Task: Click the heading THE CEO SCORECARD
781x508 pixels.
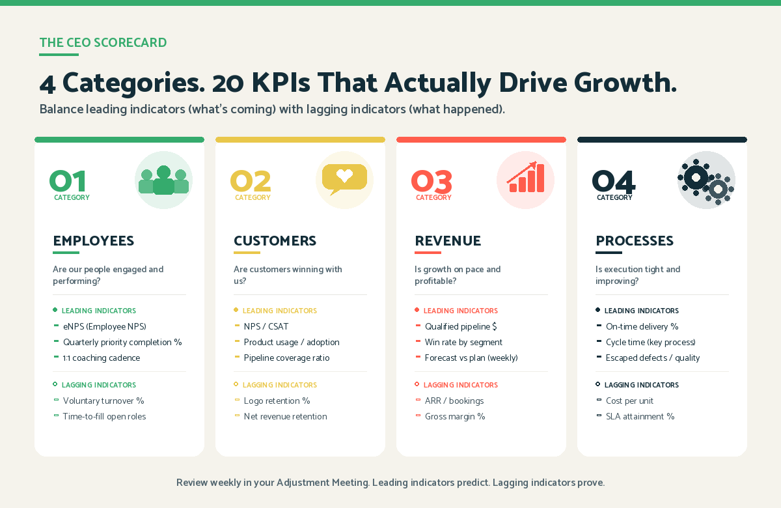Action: [x=103, y=43]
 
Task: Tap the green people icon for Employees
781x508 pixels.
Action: [x=163, y=180]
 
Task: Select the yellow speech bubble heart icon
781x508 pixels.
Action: [x=344, y=179]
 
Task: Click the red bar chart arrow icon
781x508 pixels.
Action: [x=525, y=179]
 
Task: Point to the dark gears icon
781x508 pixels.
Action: [x=706, y=180]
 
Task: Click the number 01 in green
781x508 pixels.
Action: [x=68, y=181]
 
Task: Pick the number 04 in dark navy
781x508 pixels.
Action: [x=613, y=181]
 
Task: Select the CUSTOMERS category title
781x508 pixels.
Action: [x=275, y=241]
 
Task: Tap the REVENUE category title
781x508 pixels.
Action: [x=448, y=241]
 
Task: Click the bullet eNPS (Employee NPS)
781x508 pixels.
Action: [x=104, y=327]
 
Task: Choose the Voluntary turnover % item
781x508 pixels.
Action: [x=103, y=401]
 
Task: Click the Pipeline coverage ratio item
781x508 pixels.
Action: [x=286, y=358]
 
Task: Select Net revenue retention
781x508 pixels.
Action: [x=285, y=417]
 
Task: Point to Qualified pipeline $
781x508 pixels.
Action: [x=461, y=327]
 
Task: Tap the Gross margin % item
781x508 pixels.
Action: [x=455, y=417]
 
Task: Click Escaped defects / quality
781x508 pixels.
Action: [x=653, y=358]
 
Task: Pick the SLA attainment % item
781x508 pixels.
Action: [x=640, y=417]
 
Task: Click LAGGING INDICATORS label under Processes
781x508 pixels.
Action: [x=641, y=386]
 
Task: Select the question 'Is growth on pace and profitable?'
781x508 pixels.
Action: [x=458, y=275]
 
